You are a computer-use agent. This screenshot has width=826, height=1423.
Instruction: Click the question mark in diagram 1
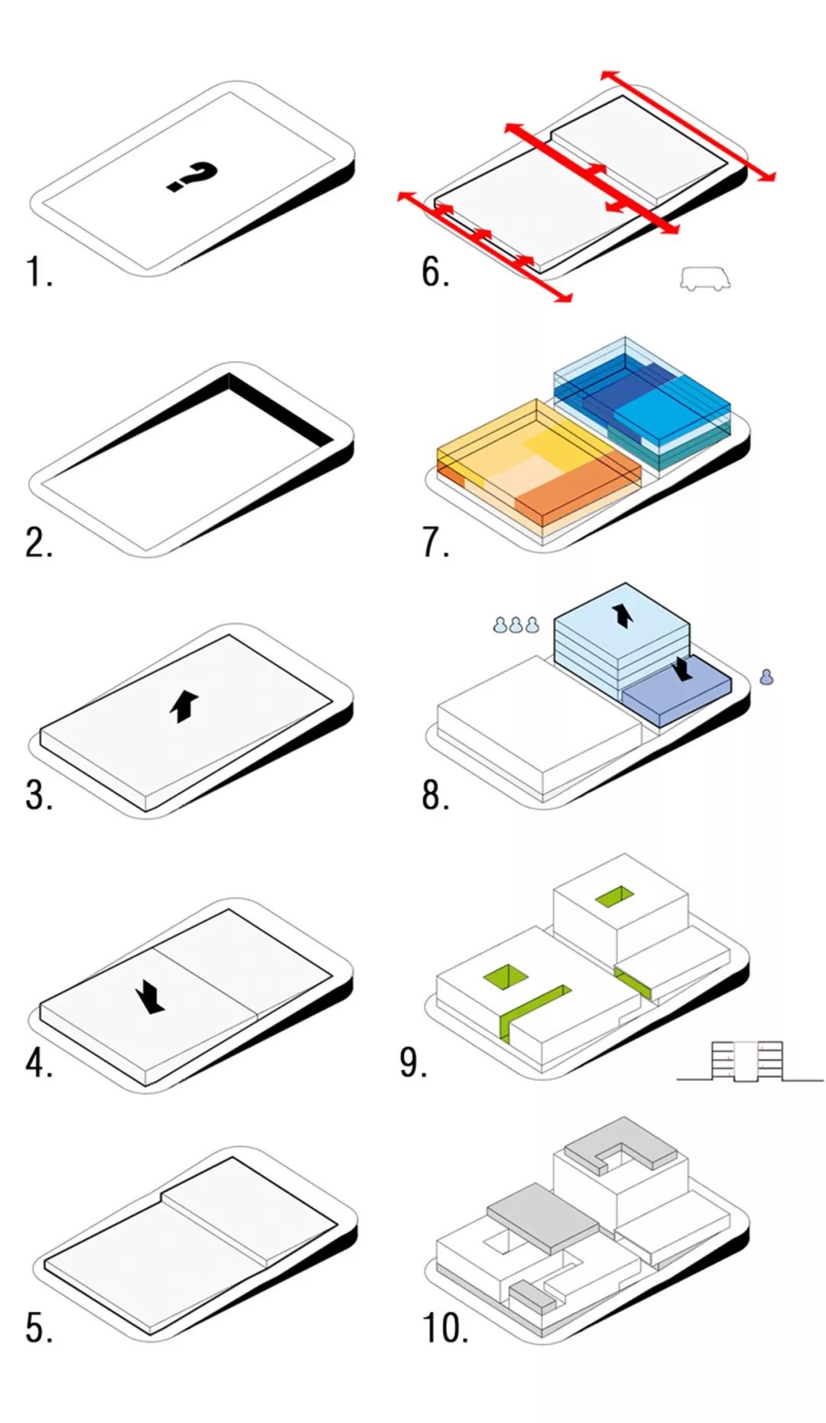(x=192, y=177)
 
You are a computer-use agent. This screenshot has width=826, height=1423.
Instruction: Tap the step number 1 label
(x=39, y=272)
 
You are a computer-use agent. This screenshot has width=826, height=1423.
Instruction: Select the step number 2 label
(x=39, y=542)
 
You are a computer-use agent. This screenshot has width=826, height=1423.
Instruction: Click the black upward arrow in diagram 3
(x=184, y=705)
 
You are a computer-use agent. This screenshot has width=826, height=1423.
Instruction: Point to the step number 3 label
(x=39, y=795)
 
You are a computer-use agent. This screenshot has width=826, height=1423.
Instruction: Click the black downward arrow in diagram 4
(x=150, y=998)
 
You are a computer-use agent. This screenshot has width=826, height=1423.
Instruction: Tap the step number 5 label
(x=39, y=1328)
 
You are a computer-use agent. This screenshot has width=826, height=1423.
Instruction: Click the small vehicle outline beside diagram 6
(x=705, y=278)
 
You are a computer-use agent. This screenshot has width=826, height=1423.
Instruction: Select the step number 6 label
(x=435, y=272)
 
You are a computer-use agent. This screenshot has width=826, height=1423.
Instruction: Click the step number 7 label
(x=435, y=542)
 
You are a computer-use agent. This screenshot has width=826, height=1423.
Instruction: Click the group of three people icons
(x=516, y=625)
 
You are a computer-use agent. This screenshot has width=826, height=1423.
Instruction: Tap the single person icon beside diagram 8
(x=766, y=676)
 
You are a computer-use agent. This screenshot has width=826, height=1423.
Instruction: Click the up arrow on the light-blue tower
(x=623, y=615)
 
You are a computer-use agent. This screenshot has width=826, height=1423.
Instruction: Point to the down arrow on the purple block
(x=684, y=668)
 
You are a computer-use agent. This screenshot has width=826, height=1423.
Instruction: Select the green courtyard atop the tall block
(x=616, y=897)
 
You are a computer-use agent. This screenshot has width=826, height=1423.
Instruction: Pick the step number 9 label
(x=413, y=1063)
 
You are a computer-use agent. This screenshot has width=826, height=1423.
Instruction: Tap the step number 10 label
(x=445, y=1328)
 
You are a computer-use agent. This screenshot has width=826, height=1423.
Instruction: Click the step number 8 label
(x=435, y=795)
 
